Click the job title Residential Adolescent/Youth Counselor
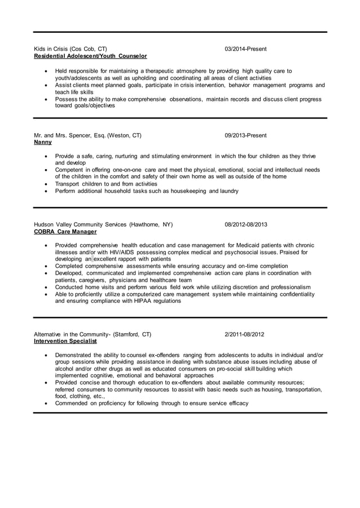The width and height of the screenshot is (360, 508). pyautogui.click(x=90, y=56)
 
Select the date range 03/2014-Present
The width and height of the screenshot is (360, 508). pyautogui.click(x=245, y=49)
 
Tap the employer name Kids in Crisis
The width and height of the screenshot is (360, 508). pyautogui.click(x=54, y=49)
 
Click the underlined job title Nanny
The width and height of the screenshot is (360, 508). pyautogui.click(x=43, y=143)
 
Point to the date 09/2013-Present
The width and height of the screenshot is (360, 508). pyautogui.click(x=245, y=135)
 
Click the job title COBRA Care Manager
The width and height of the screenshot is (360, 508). pyautogui.click(x=65, y=232)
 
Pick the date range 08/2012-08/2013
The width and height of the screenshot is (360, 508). pyautogui.click(x=246, y=224)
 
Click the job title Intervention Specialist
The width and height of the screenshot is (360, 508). pyautogui.click(x=65, y=341)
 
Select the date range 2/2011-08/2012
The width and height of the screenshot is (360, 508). pyautogui.click(x=244, y=334)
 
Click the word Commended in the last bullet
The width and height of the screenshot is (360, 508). pyautogui.click(x=71, y=403)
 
